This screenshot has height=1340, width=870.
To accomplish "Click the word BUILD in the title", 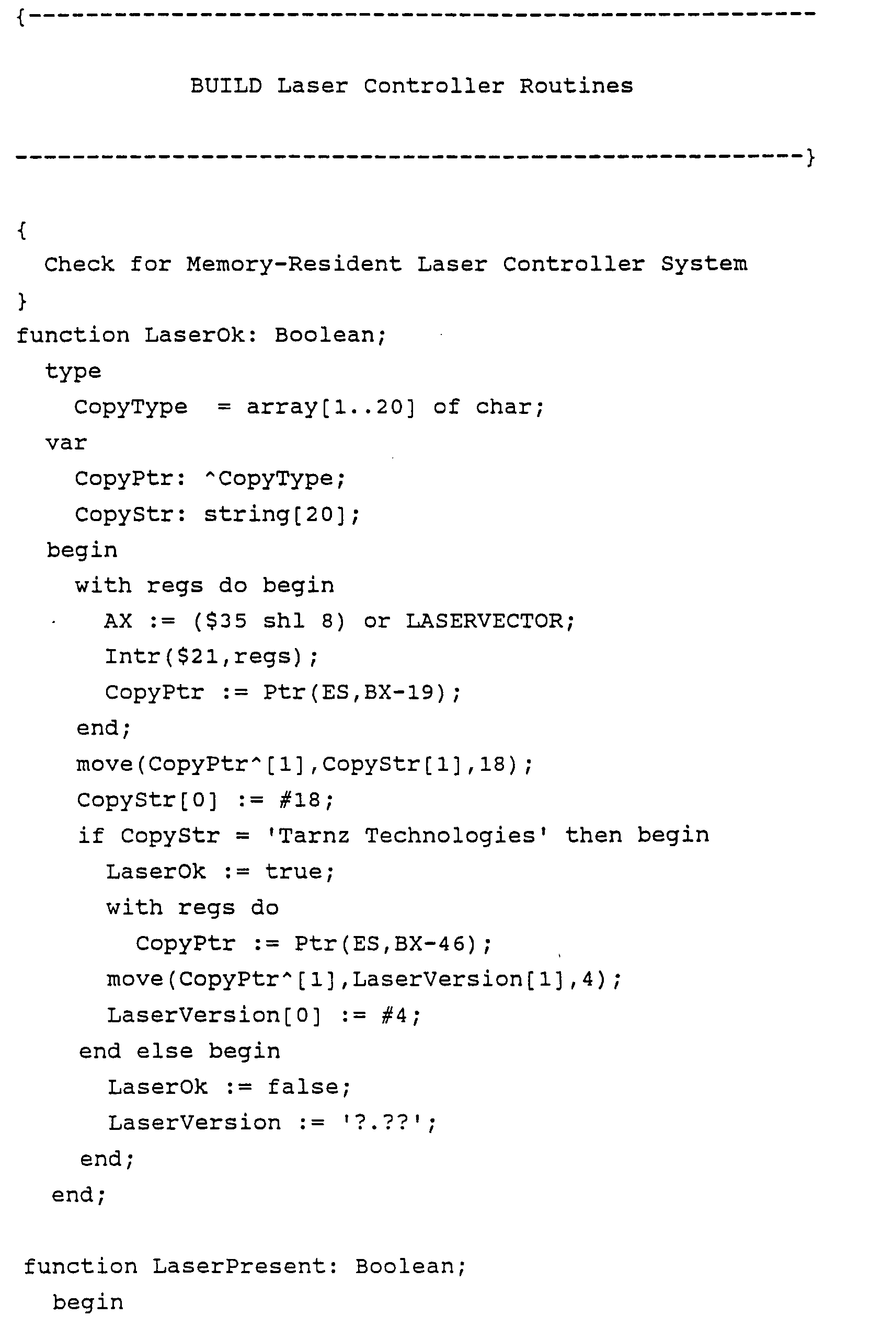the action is pos(226,86).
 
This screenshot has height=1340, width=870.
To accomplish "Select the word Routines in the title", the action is pos(576,86).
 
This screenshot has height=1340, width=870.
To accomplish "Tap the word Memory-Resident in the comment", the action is pos(294,264).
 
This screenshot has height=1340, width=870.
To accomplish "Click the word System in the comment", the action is pos(703,264).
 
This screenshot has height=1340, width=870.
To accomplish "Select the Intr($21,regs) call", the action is pos(211,657).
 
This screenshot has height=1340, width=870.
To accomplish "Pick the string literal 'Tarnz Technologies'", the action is pos(407,836).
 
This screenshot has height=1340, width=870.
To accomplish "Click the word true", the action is pos(293,872).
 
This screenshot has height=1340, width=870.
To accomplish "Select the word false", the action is pos(302,1087).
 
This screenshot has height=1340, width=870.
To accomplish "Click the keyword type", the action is pos(73,372).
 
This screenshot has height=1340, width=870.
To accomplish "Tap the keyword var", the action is pos(66,443).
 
